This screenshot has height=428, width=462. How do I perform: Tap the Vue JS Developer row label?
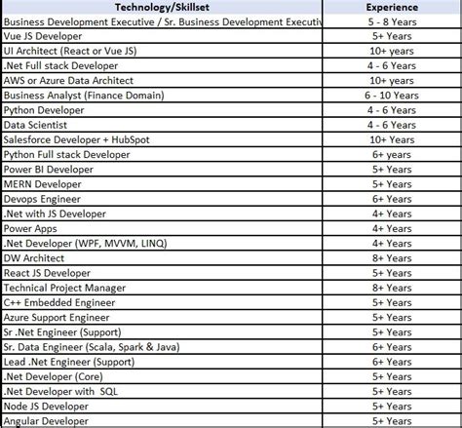point(46,34)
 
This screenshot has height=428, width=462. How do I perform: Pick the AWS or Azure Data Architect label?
point(68,79)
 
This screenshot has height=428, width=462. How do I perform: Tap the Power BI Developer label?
point(52,168)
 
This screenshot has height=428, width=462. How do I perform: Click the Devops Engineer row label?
point(44,198)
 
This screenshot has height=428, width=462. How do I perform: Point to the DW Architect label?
point(34,257)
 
